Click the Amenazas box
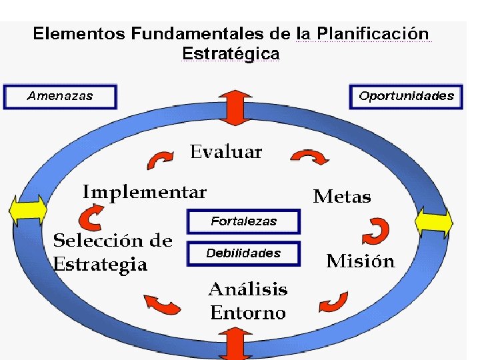click(x=60, y=96)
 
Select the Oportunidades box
click(x=406, y=96)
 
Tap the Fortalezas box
click(x=244, y=221)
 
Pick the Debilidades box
click(x=244, y=253)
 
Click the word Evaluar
click(x=226, y=152)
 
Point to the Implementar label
click(x=145, y=193)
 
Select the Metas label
click(x=342, y=197)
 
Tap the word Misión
click(x=360, y=261)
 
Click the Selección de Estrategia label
click(x=112, y=252)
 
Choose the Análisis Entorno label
click(x=248, y=301)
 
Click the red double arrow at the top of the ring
click(x=233, y=107)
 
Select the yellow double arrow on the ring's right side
click(x=434, y=221)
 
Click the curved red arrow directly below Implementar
click(x=89, y=217)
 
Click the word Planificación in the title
click(x=373, y=33)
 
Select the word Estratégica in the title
click(x=231, y=53)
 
